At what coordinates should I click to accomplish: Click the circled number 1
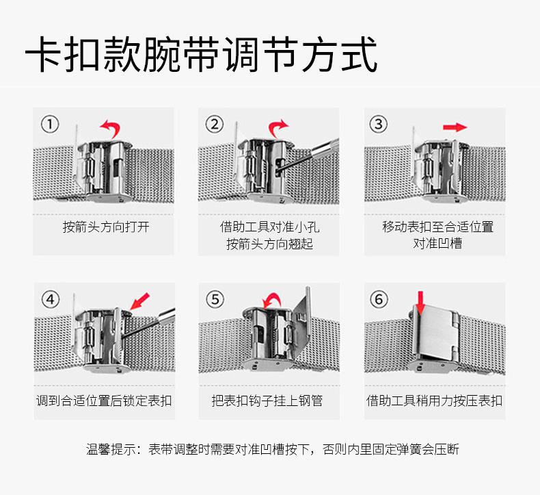(x=51, y=124)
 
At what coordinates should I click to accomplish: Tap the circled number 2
(x=215, y=124)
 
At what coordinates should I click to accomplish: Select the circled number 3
(x=378, y=124)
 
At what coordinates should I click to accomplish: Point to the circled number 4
(x=51, y=299)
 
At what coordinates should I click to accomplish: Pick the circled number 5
(x=215, y=299)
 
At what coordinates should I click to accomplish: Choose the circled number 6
(x=378, y=299)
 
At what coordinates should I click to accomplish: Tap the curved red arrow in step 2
(x=278, y=127)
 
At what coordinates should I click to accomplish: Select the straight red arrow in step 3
(x=454, y=127)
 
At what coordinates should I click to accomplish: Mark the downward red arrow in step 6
(x=421, y=302)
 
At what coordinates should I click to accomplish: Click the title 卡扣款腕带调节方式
(x=201, y=55)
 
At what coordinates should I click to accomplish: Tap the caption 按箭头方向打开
(x=106, y=227)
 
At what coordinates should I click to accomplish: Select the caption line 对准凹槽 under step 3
(x=437, y=243)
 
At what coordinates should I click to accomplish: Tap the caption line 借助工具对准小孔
(x=269, y=227)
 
